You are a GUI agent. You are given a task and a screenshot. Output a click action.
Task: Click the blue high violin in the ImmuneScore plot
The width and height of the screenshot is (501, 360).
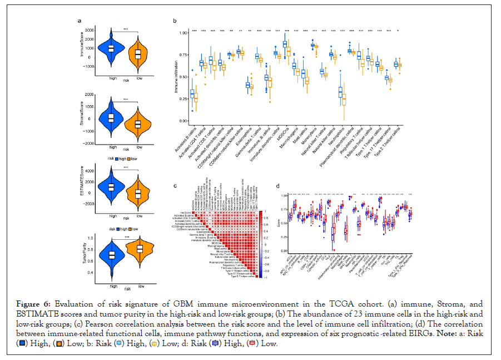coord(111,49)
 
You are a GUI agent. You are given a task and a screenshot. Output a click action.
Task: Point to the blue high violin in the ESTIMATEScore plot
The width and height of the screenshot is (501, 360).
coord(111,186)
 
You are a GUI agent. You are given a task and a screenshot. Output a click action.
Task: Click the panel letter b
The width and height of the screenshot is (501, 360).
coord(175,21)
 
